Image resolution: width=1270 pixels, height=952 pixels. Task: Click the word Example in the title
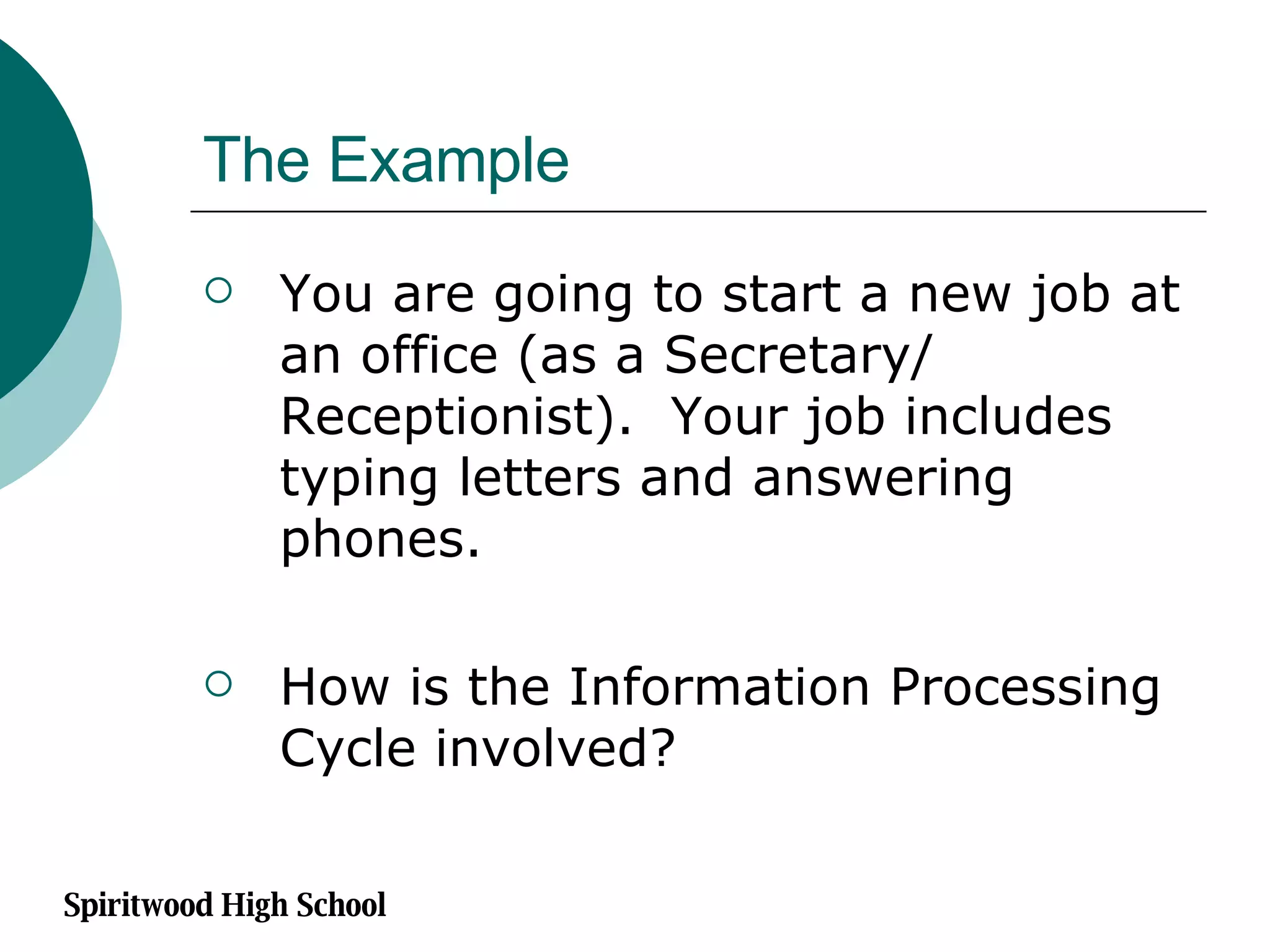coord(448,161)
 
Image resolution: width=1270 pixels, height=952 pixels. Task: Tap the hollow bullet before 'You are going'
coord(218,290)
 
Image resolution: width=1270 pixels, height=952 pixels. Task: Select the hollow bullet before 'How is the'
coord(218,684)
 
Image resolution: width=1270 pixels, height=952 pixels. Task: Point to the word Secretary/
coord(797,356)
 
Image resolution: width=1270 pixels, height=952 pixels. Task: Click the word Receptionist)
coord(456,418)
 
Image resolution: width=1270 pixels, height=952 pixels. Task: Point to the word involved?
coord(555,748)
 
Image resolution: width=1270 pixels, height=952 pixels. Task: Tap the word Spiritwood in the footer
coord(139,906)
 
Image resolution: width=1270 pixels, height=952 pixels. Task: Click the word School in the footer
coord(341,904)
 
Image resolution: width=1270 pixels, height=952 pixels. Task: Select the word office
coord(429,355)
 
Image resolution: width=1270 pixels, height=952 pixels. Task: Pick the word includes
coord(1008,416)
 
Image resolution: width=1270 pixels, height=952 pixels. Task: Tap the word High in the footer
coord(255,906)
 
